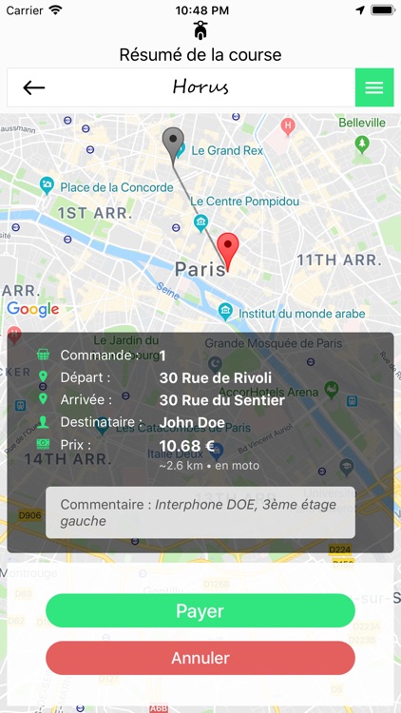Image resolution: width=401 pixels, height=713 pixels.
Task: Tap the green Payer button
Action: click(x=200, y=610)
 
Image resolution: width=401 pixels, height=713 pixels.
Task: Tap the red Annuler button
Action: click(x=200, y=657)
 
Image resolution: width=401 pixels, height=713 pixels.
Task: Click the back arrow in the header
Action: click(x=34, y=87)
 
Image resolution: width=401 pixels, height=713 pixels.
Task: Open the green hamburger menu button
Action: click(x=374, y=87)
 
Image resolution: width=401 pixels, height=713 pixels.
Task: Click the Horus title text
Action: click(x=200, y=87)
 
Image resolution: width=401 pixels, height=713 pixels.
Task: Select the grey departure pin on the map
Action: click(x=173, y=143)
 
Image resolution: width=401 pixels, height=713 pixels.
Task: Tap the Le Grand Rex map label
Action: click(x=226, y=150)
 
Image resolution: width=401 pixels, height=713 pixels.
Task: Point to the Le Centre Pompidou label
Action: click(x=244, y=202)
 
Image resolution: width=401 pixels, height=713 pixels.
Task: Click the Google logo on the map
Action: click(x=32, y=309)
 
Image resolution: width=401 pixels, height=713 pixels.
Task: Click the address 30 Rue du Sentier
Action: click(x=221, y=400)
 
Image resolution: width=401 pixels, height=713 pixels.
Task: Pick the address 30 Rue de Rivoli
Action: click(x=215, y=378)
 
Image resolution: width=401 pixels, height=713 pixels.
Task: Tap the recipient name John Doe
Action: click(x=192, y=422)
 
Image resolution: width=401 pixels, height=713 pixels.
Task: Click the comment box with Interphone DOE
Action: click(x=200, y=513)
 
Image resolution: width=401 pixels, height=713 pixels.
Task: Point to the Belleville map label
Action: click(x=362, y=123)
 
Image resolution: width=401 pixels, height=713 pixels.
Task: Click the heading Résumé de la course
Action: click(x=200, y=55)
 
